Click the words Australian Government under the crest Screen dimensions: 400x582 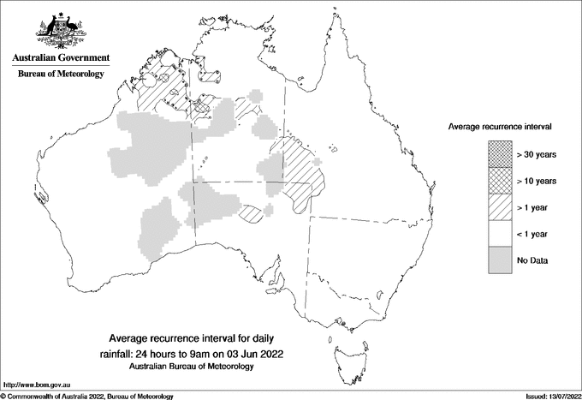(x=60, y=58)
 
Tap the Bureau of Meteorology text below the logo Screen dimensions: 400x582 (x=60, y=75)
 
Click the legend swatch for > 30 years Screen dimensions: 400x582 (x=499, y=154)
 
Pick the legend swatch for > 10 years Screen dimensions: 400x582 (x=499, y=181)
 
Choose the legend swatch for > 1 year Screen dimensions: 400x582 (x=499, y=207)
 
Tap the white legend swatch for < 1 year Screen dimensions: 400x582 (x=499, y=234)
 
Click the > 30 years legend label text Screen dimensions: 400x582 (x=537, y=154)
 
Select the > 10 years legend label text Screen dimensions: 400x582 (x=537, y=181)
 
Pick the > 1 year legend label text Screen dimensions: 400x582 (x=534, y=207)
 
